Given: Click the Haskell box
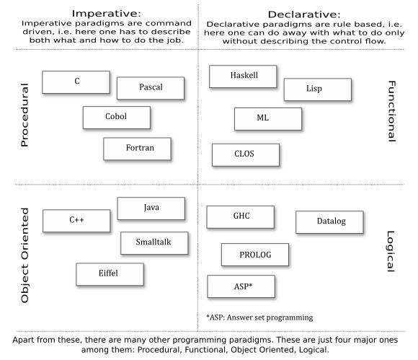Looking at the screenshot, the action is (243, 76).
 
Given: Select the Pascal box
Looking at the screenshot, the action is (151, 88).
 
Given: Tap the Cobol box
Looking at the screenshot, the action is (117, 118).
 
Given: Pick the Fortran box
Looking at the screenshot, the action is (137, 149).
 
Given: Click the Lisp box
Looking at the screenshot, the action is (318, 89).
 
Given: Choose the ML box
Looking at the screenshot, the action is (268, 119).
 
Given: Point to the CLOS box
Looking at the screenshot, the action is (246, 155).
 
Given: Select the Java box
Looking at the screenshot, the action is (151, 208).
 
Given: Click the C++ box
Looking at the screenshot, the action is (76, 221).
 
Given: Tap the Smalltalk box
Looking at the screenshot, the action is (154, 243).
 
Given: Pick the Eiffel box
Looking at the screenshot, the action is (110, 274).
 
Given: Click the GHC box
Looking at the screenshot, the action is (240, 216).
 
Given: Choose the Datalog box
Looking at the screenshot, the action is (329, 222).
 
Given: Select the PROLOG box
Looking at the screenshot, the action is (255, 255).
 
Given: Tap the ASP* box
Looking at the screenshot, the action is (241, 286).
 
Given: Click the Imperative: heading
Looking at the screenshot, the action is (107, 13).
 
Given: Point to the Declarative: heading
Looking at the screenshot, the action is (304, 14).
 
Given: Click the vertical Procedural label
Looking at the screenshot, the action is (25, 115).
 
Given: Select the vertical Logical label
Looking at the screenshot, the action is (391, 251).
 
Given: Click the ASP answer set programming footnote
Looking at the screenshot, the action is (259, 317).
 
